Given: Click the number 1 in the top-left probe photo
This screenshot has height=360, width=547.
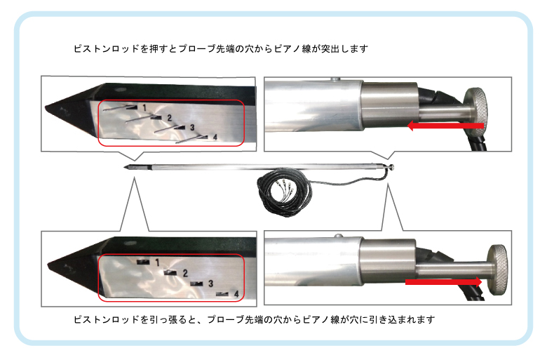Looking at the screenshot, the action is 144,107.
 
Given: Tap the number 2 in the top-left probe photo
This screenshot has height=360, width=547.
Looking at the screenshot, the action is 169,118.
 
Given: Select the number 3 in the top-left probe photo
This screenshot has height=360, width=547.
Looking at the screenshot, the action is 192,128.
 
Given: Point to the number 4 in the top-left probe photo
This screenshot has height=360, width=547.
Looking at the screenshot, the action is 215,138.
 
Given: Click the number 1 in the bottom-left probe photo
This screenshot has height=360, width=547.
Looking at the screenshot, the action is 157,262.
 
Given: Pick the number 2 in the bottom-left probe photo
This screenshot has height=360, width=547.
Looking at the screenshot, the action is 185,273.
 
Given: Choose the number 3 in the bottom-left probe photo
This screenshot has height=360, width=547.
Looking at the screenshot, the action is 210,284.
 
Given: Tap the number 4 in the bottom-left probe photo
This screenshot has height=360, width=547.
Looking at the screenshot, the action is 236,294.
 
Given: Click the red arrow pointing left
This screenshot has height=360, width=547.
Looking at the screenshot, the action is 446,126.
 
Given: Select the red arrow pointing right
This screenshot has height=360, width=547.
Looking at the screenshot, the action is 443,282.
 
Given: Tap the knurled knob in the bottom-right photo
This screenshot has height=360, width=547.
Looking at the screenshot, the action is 498,269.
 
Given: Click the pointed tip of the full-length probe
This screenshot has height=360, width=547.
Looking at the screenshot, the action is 125,167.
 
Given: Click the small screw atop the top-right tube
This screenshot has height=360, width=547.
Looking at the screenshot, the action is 336,79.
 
